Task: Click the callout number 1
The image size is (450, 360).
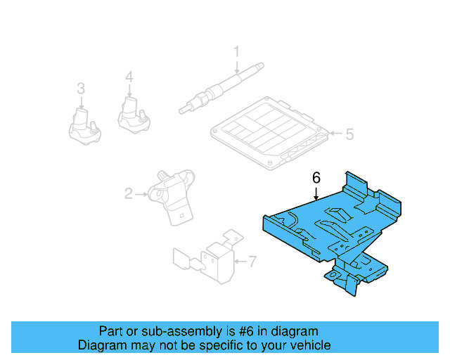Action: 237,51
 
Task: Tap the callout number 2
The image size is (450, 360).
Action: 129,193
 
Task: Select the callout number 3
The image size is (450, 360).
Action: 81,89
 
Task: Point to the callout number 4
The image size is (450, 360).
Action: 129,76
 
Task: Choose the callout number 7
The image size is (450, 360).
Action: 253,262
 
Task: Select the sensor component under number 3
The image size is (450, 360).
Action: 84,124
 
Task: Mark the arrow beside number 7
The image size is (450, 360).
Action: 239,262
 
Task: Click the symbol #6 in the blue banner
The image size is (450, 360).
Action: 244,331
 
